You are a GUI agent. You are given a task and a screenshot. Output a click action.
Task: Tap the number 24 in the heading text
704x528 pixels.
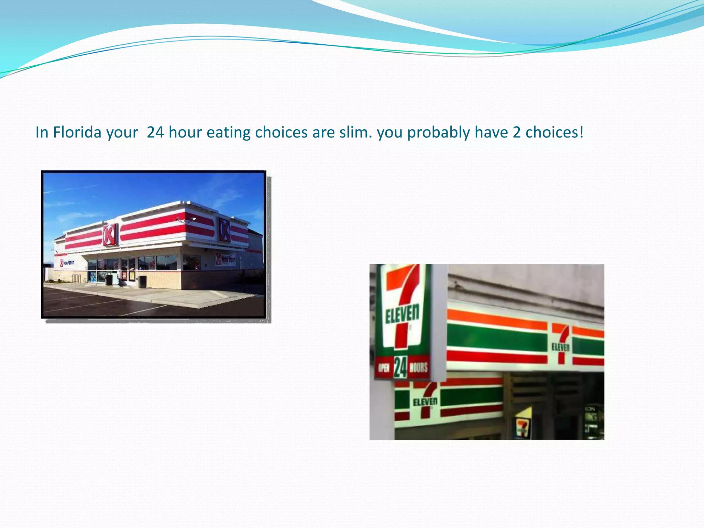(155, 132)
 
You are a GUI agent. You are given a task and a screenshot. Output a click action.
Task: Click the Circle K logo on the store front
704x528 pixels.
(110, 234)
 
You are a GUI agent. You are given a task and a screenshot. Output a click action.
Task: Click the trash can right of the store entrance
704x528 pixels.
(142, 282)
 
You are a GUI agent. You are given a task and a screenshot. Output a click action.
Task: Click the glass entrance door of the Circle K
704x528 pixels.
(128, 269)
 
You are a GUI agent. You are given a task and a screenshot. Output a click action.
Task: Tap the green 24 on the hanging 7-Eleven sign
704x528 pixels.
(400, 367)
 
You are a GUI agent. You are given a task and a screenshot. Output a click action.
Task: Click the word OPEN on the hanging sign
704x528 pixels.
(384, 367)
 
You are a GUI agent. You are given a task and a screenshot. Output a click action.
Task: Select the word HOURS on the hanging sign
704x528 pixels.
(419, 367)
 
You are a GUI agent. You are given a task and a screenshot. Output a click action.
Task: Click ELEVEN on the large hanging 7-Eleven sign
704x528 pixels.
(402, 313)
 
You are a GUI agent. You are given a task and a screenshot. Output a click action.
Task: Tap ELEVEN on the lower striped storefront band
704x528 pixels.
(425, 401)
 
